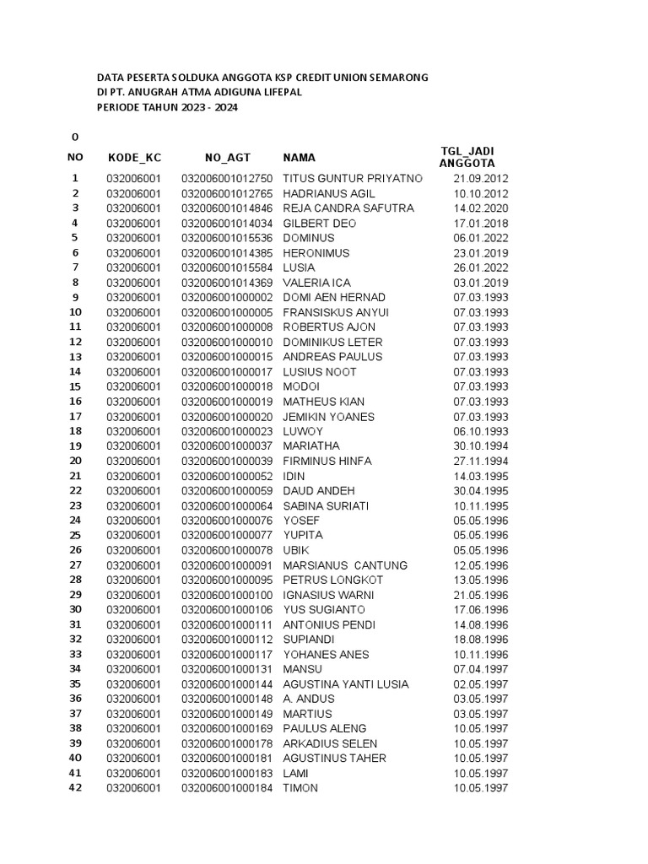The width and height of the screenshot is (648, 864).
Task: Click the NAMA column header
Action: click(300, 157)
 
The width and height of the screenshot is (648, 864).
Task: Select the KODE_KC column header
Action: click(134, 157)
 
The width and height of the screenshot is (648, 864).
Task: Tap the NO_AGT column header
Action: click(227, 157)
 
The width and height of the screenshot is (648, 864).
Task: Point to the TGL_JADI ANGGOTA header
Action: click(467, 157)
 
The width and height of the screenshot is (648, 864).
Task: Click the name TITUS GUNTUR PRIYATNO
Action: click(353, 179)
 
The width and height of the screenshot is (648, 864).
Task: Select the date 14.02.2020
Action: click(481, 208)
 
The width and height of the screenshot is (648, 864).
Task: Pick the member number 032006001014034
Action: click(227, 224)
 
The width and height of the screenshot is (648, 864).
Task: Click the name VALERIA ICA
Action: click(316, 283)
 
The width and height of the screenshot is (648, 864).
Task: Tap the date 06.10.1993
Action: click(481, 431)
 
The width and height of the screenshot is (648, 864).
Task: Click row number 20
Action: click(75, 461)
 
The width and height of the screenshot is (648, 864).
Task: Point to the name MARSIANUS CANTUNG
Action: click(345, 565)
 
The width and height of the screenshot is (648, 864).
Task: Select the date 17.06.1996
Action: click(481, 609)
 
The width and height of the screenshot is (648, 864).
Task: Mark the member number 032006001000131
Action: click(227, 669)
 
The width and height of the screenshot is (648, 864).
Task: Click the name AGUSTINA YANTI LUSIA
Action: click(346, 684)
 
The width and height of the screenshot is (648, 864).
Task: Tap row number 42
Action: click(75, 788)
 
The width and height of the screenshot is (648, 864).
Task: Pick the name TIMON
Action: click(301, 788)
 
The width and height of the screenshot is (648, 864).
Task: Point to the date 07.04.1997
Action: click(481, 669)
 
